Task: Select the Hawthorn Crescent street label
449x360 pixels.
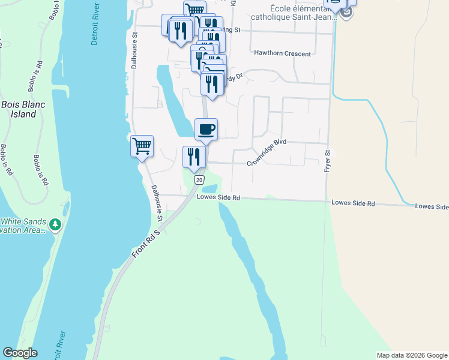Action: [282, 53]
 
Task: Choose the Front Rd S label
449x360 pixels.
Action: [146, 244]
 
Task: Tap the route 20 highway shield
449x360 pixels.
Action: [199, 179]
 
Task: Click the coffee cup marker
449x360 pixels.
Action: [206, 129]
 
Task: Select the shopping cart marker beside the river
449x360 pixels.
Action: [142, 146]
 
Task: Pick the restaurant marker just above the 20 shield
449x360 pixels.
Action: [194, 157]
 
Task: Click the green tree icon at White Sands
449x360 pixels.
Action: [55, 224]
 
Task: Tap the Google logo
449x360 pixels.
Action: [20, 353]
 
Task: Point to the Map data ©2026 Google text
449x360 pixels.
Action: [412, 355]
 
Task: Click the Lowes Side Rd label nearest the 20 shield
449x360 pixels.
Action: [218, 197]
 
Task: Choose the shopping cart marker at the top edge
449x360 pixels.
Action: [194, 10]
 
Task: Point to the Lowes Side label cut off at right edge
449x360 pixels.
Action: [432, 206]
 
